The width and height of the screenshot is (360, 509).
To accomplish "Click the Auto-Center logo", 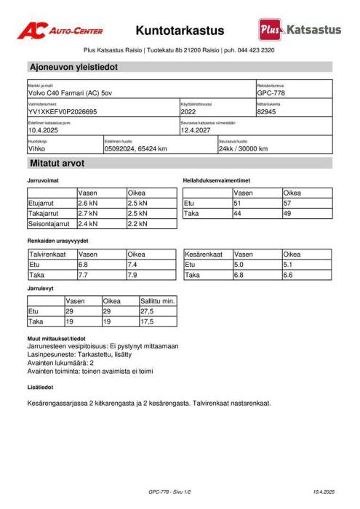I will (x=60, y=31).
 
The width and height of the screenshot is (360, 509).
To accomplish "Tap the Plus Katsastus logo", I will (x=299, y=30).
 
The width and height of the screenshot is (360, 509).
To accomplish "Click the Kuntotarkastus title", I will (x=180, y=31).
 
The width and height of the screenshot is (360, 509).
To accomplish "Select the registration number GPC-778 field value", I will (x=271, y=93).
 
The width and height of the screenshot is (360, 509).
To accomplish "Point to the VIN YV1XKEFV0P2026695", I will (x=62, y=112).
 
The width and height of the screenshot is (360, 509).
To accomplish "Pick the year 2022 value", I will (x=188, y=112).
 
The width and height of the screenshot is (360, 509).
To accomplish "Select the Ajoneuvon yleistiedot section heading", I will (x=73, y=67).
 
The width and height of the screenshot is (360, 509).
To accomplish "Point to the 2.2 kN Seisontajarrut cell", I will (x=137, y=225).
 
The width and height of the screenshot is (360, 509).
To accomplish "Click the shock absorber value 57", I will (x=288, y=204).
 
